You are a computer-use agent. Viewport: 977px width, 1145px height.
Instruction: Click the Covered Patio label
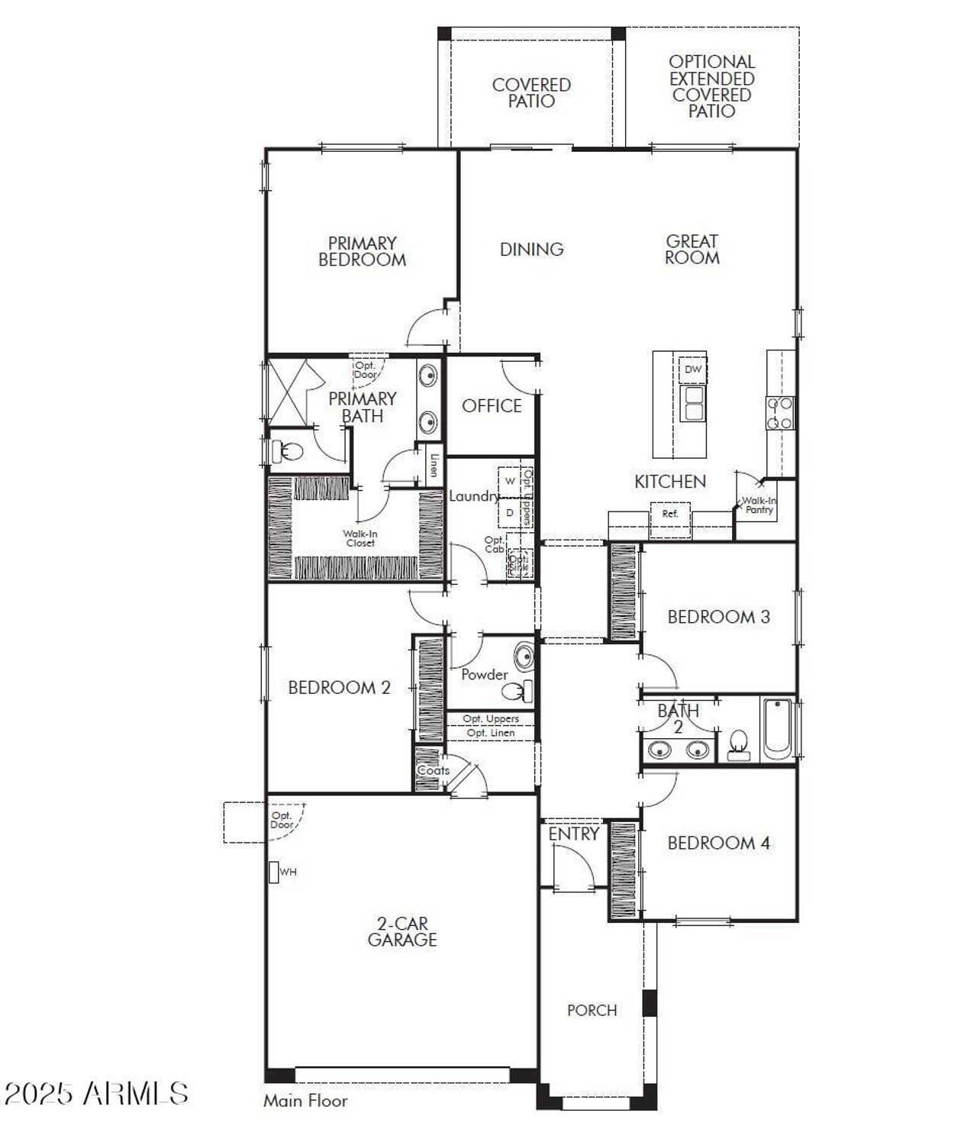[x=531, y=92]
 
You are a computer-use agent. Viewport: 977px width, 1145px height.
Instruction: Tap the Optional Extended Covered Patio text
[x=711, y=86]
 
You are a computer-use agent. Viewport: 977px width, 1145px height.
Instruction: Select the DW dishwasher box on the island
[x=692, y=369]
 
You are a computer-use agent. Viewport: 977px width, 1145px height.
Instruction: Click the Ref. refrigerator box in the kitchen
[x=669, y=514]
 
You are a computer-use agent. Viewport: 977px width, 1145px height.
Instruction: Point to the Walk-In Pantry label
[x=759, y=505]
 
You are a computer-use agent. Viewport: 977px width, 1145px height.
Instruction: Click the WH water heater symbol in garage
[x=274, y=872]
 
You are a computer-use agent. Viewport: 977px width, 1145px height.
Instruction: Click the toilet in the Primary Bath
[x=288, y=450]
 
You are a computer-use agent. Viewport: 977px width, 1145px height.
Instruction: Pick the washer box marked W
[x=510, y=482]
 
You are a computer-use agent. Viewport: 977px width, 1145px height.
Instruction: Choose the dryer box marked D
[x=510, y=513]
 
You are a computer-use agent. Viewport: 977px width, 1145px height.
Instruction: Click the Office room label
[x=492, y=406]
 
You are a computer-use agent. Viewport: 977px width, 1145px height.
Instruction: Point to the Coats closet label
[x=433, y=770]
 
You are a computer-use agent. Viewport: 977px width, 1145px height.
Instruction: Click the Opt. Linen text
[x=490, y=733]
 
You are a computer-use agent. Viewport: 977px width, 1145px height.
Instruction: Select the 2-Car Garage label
[x=402, y=932]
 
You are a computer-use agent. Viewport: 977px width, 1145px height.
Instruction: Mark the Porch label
[x=592, y=1011]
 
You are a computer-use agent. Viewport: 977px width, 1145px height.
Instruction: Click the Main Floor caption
[x=305, y=1101]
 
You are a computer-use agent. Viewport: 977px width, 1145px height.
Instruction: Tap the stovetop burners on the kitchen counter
[x=780, y=413]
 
